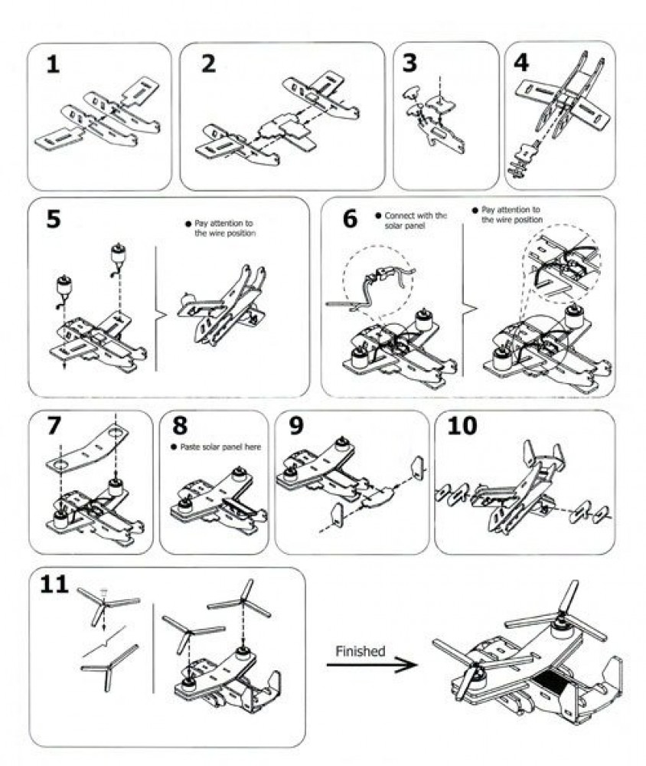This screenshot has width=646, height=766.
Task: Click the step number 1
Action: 51,64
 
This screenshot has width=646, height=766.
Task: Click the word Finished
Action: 359,651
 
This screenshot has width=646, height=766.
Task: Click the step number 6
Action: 349,218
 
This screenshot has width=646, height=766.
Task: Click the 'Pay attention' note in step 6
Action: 510,214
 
